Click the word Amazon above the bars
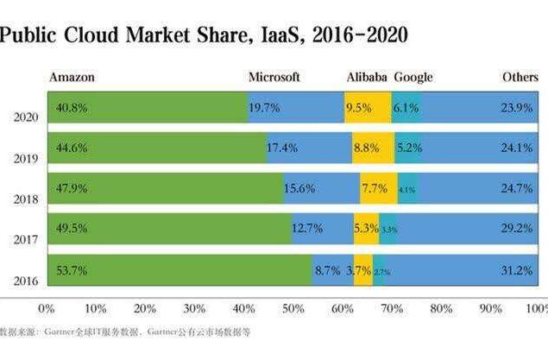72,78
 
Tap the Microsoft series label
274,78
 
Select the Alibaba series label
367,78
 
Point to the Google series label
413,78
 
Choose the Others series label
520,78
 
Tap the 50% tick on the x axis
293,307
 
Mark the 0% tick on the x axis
47,307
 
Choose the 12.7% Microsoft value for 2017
307,229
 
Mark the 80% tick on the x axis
440,307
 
